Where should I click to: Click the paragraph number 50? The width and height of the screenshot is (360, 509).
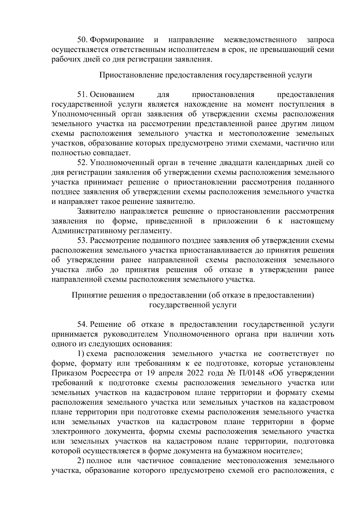[x=82, y=40]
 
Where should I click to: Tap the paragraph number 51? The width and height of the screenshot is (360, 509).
[x=82, y=95]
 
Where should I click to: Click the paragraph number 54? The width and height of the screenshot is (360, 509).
[x=82, y=325]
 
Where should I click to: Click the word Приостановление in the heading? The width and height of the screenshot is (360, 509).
[x=131, y=75]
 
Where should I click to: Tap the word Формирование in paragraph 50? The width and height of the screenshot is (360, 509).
[x=117, y=40]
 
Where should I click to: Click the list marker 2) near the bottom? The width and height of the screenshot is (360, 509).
[x=82, y=461]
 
